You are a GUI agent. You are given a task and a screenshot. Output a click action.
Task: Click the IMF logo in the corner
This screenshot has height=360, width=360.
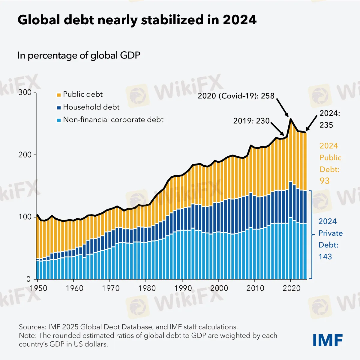tap(328, 340)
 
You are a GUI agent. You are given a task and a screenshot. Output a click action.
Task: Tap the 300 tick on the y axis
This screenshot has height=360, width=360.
tap(25, 92)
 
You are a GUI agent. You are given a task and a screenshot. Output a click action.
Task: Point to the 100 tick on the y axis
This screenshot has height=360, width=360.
tap(25, 217)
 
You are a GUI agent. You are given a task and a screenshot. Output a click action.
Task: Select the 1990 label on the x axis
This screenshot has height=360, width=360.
tap(183, 288)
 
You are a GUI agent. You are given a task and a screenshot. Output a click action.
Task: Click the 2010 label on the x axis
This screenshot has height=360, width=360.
tap(255, 288)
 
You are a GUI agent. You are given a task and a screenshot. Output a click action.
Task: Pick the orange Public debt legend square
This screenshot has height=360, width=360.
tap(58, 95)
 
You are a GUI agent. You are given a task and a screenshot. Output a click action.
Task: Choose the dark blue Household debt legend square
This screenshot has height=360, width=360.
tap(58, 107)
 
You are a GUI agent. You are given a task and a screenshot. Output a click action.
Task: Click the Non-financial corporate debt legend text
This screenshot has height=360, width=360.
tap(113, 120)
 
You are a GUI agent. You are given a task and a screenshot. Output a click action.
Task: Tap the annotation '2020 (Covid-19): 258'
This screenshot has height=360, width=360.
tap(236, 96)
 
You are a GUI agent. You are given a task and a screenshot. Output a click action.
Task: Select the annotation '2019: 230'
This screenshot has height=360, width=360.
tap(251, 121)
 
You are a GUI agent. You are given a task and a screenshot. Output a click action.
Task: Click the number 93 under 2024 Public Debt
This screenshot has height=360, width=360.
tap(325, 181)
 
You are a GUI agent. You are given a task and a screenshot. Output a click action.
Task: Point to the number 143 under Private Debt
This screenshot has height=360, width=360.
tap(325, 257)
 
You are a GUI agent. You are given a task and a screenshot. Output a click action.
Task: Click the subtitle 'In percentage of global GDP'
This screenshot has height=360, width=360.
tap(79, 55)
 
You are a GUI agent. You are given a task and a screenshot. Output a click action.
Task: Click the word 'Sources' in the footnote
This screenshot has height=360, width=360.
tap(31, 327)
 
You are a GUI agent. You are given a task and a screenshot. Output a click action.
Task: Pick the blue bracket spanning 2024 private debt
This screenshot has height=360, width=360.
tap(312, 235)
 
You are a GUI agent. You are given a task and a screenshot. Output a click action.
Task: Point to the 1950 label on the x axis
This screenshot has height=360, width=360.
tap(38, 288)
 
